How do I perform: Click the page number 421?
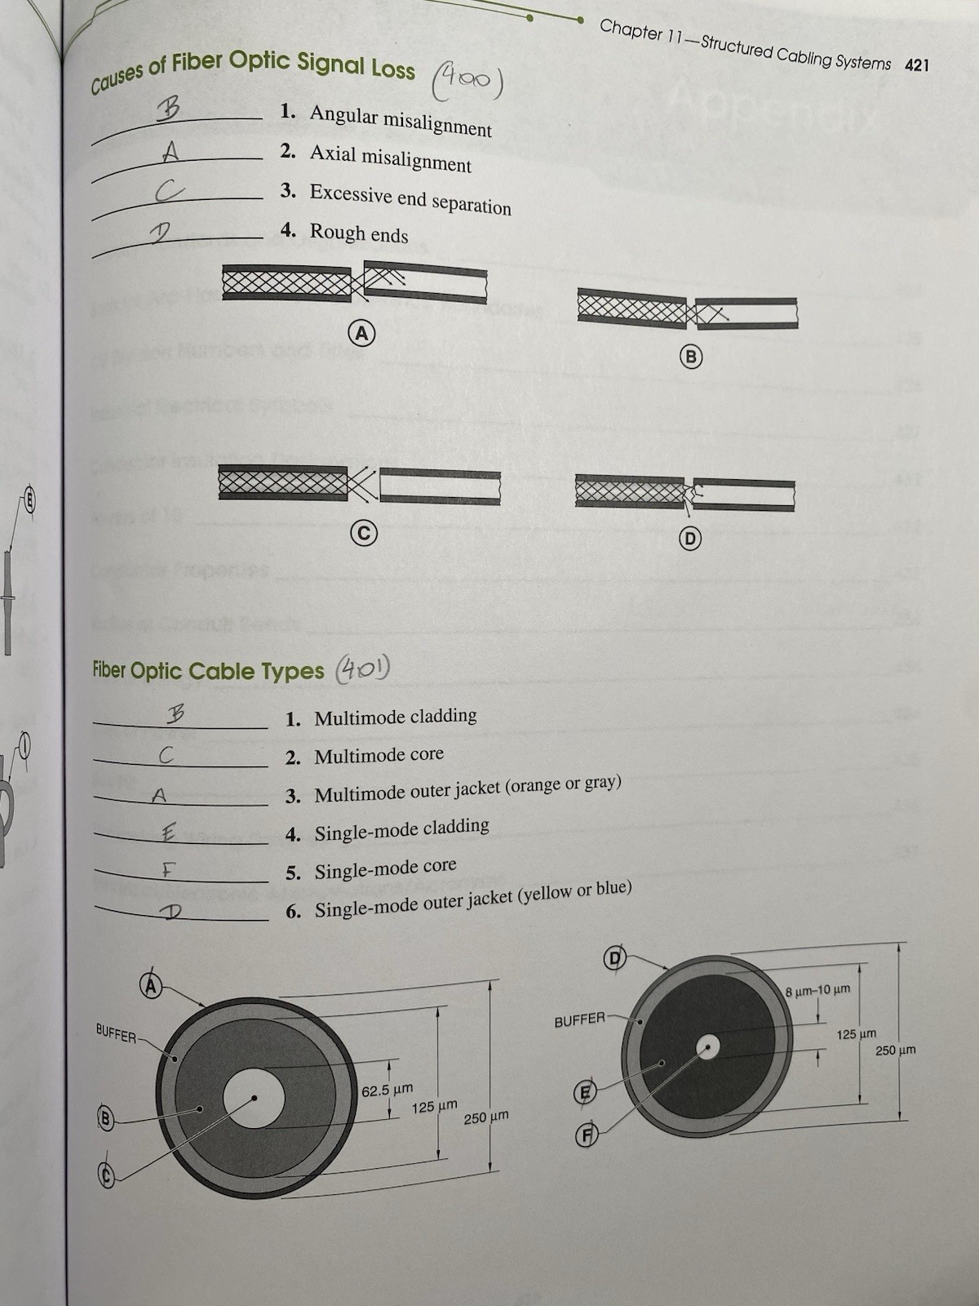pos(916,65)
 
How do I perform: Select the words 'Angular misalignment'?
pos(401,120)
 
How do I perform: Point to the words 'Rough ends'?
pos(359,233)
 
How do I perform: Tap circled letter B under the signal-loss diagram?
pos(691,357)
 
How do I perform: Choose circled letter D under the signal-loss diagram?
pos(690,539)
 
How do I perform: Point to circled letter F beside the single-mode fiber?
pos(586,1135)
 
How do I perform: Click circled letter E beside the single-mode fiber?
pos(584,1092)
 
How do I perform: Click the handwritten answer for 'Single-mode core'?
pos(168,871)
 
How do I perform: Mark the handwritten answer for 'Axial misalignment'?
pos(171,153)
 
